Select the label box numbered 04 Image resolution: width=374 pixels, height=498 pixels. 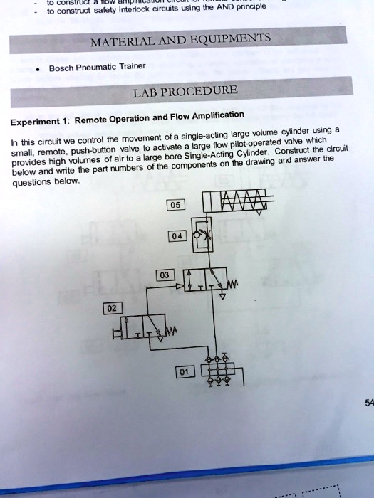(x=177, y=236)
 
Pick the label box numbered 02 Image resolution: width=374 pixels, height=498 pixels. (x=111, y=308)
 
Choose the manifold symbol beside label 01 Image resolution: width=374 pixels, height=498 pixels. (x=218, y=371)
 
